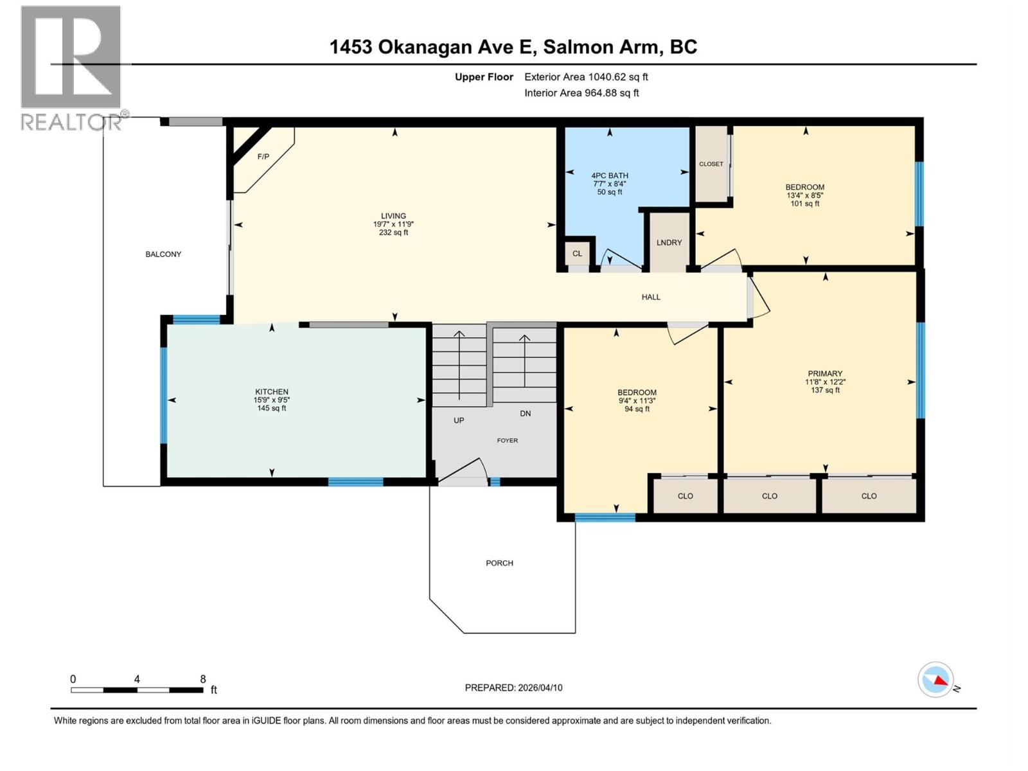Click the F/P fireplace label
(x=263, y=157)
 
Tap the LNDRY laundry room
(x=669, y=242)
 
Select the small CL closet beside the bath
(x=577, y=253)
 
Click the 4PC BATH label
(x=610, y=175)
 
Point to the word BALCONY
(x=163, y=254)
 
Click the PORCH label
(x=499, y=563)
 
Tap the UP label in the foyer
(x=459, y=420)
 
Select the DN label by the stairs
(x=526, y=413)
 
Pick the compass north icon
(x=935, y=680)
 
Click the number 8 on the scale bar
(x=203, y=679)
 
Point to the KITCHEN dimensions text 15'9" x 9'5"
(x=272, y=400)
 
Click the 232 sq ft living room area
(x=393, y=233)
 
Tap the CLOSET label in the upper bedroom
(x=711, y=164)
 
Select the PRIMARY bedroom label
(x=825, y=373)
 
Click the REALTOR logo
(x=71, y=67)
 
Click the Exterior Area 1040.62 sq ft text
(x=585, y=77)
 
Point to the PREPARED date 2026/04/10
(x=513, y=687)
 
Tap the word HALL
(x=651, y=297)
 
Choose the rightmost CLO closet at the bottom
(x=869, y=496)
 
